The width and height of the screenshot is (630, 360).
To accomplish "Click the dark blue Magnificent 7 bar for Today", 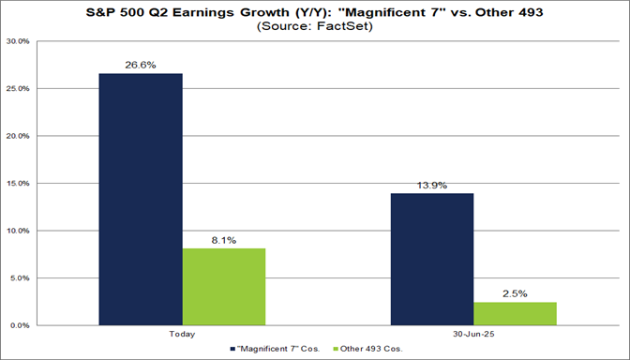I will (142, 199).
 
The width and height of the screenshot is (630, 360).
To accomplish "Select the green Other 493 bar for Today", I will (224, 286).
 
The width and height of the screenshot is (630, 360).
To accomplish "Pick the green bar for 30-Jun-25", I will (515, 313).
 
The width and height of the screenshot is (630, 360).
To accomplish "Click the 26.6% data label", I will (142, 65).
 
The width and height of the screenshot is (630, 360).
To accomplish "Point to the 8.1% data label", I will (224, 240).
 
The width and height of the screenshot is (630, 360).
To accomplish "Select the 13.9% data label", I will (432, 185).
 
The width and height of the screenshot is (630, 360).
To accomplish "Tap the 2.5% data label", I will (515, 293).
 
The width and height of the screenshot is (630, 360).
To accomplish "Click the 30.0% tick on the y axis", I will (18, 42).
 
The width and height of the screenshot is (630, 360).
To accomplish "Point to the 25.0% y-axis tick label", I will (18, 89).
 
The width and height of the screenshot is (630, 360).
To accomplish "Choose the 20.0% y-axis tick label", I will (18, 136).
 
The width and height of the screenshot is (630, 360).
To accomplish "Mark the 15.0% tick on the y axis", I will (18, 184).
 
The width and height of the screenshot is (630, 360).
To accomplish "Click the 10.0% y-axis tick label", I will (18, 231).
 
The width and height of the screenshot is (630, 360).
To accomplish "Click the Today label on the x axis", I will (183, 334).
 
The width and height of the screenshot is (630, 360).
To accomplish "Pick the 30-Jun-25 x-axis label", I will (473, 334).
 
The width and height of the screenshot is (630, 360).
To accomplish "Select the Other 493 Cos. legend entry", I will (366, 349).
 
